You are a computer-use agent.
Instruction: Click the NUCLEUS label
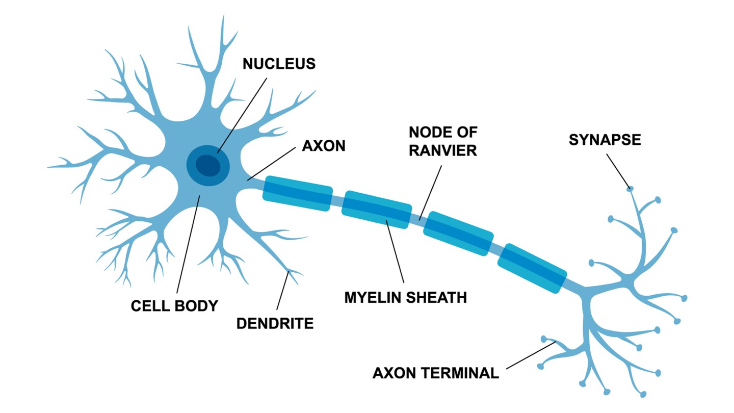(x=279, y=64)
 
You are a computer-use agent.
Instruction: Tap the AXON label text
(x=324, y=146)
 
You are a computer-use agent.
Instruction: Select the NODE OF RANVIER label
(x=443, y=142)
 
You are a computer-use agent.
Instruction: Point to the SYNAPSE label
(x=605, y=140)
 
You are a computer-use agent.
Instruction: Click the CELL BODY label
(x=174, y=306)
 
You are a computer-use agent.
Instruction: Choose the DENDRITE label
(x=275, y=323)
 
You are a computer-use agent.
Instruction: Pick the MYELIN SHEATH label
(x=405, y=297)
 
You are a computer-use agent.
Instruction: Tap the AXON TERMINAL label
(x=436, y=373)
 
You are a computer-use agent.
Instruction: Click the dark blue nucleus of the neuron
(x=209, y=165)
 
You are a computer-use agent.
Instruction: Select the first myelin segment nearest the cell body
(x=297, y=193)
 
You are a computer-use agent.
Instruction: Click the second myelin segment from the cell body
(x=377, y=210)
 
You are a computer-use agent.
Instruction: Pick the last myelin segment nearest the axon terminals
(x=532, y=268)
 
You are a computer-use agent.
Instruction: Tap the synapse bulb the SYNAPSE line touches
(x=630, y=189)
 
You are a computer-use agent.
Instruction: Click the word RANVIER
(x=443, y=151)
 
